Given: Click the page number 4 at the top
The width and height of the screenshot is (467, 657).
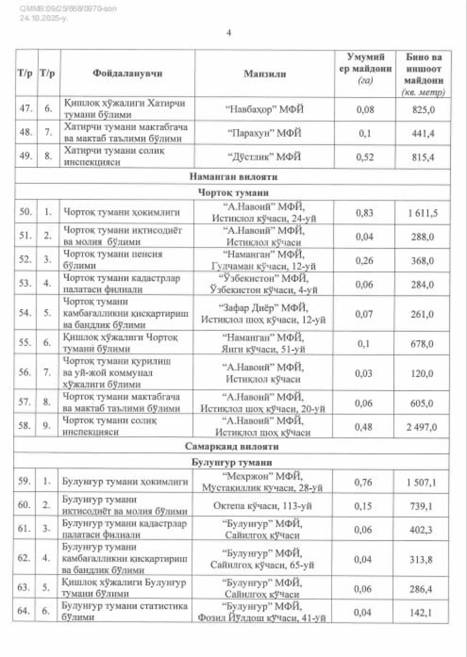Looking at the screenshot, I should (x=229, y=33).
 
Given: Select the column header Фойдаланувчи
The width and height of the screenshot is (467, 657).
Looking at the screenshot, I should (x=127, y=73).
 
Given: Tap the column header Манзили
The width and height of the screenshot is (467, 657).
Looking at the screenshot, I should (x=265, y=74).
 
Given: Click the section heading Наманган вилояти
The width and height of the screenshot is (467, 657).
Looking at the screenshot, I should (x=233, y=176).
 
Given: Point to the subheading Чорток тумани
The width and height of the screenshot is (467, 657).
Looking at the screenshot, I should (x=233, y=192).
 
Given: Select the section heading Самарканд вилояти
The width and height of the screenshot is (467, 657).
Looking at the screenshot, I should (x=232, y=446).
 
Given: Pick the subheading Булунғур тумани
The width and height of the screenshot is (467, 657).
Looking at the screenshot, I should (x=232, y=462).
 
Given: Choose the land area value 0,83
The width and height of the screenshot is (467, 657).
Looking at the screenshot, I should (x=364, y=212).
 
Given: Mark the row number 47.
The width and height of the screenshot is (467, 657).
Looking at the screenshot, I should (x=26, y=109).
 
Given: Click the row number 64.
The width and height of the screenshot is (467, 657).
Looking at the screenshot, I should (x=24, y=611).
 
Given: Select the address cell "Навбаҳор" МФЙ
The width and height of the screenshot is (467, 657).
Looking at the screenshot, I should (x=264, y=109).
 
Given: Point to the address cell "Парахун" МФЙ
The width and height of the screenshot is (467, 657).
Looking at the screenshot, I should (x=264, y=133).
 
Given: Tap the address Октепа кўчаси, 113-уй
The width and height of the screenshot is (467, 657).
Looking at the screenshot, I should (x=262, y=506).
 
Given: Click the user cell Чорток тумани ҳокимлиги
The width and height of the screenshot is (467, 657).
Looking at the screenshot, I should (x=121, y=212).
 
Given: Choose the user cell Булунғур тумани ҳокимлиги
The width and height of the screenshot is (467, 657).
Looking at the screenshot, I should (x=125, y=482).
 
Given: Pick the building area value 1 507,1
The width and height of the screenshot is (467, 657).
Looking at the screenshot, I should (x=421, y=482).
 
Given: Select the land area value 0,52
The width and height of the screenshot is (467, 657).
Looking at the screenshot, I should (x=365, y=157).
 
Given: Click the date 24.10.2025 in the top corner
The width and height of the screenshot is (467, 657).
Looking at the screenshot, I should (x=44, y=18).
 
